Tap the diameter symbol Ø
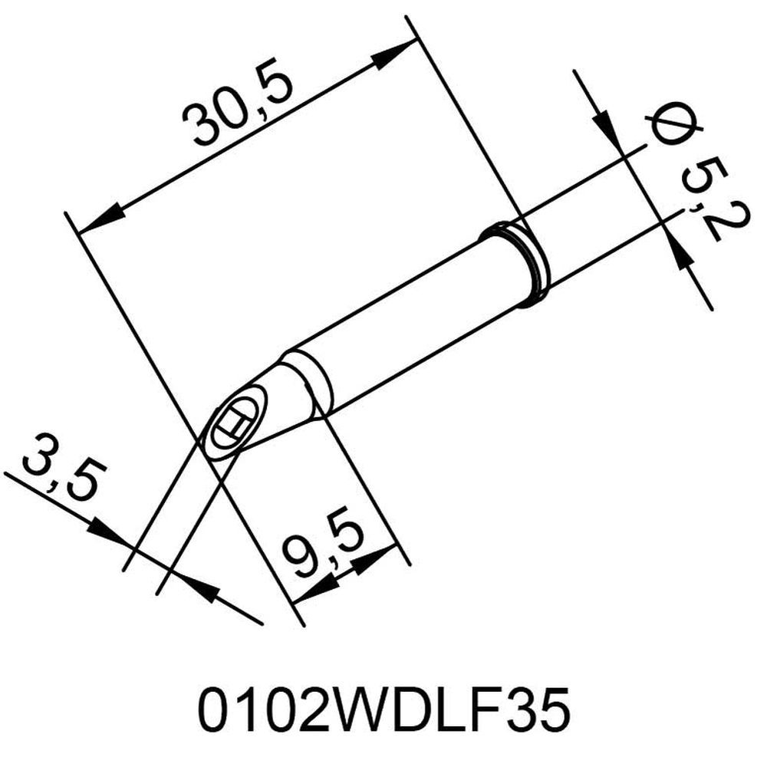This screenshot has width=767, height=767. (665, 126)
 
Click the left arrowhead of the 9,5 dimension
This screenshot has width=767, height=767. (314, 589)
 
